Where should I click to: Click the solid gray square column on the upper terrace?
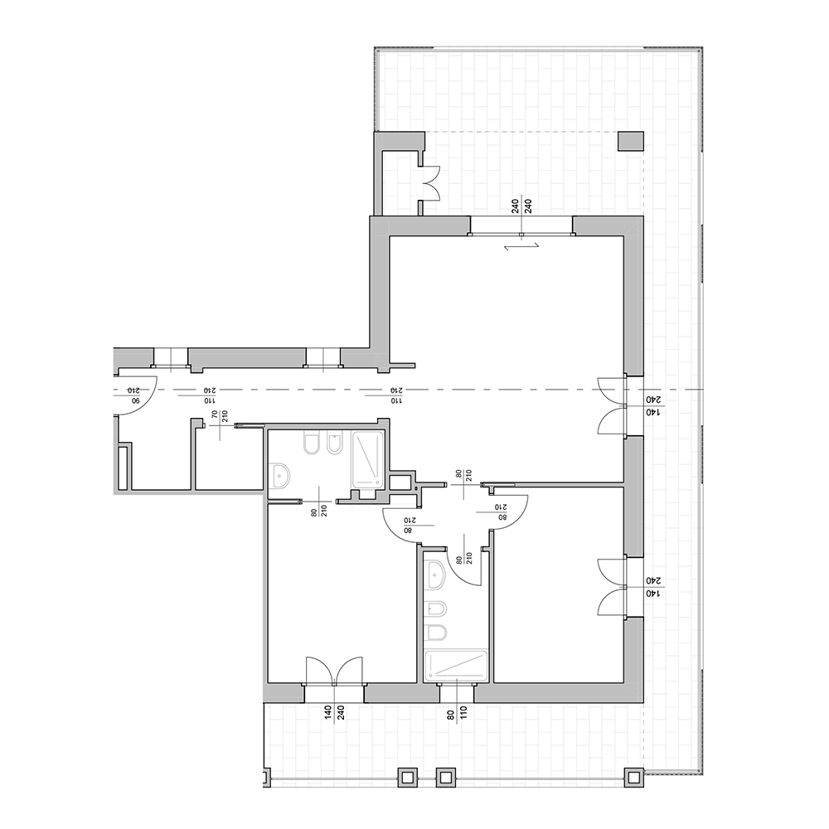pyautogui.click(x=631, y=141)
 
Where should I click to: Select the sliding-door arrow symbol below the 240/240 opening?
pyautogui.click(x=521, y=246)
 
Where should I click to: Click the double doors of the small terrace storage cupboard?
pyautogui.click(x=430, y=182)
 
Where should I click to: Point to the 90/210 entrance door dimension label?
pyautogui.click(x=133, y=395)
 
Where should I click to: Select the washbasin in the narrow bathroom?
pyautogui.click(x=436, y=575)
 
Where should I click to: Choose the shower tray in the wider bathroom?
pyautogui.click(x=367, y=460)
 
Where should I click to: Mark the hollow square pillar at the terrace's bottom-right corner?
pyautogui.click(x=634, y=778)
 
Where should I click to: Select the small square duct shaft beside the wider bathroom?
pyautogui.click(x=400, y=482)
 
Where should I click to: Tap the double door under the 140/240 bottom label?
pyautogui.click(x=334, y=671)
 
